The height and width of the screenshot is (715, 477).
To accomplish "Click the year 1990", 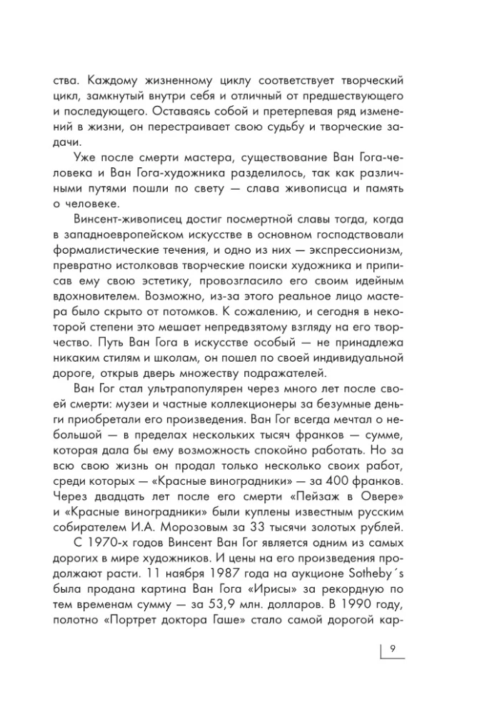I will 370,601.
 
